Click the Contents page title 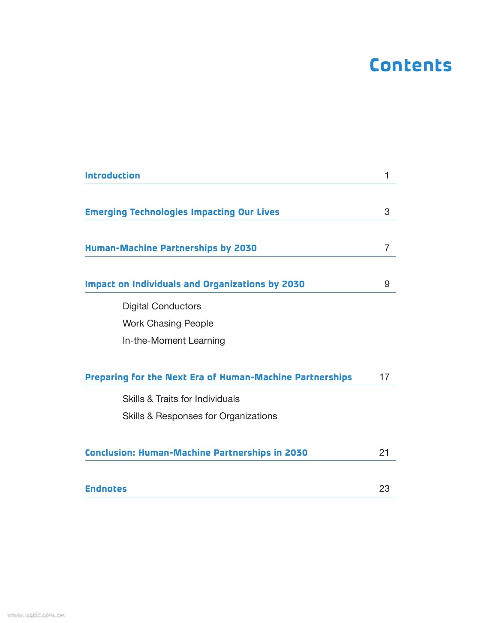click(x=410, y=65)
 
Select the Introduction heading click(x=112, y=175)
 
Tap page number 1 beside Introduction click(x=387, y=175)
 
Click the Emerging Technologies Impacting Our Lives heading click(x=182, y=212)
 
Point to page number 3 click(x=387, y=212)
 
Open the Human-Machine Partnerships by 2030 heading click(x=171, y=248)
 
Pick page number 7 click(x=387, y=248)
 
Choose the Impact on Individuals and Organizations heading click(x=195, y=284)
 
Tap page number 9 click(x=387, y=284)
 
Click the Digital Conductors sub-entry click(x=162, y=306)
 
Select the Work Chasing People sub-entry click(x=168, y=324)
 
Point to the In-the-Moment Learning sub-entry click(x=174, y=341)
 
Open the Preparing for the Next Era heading click(x=218, y=377)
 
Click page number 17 click(x=384, y=377)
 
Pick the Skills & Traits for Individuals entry click(x=181, y=399)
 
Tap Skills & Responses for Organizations click(x=200, y=416)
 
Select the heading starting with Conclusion click(x=196, y=453)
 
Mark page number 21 click(x=384, y=453)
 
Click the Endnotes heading click(x=106, y=489)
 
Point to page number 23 click(x=384, y=489)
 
